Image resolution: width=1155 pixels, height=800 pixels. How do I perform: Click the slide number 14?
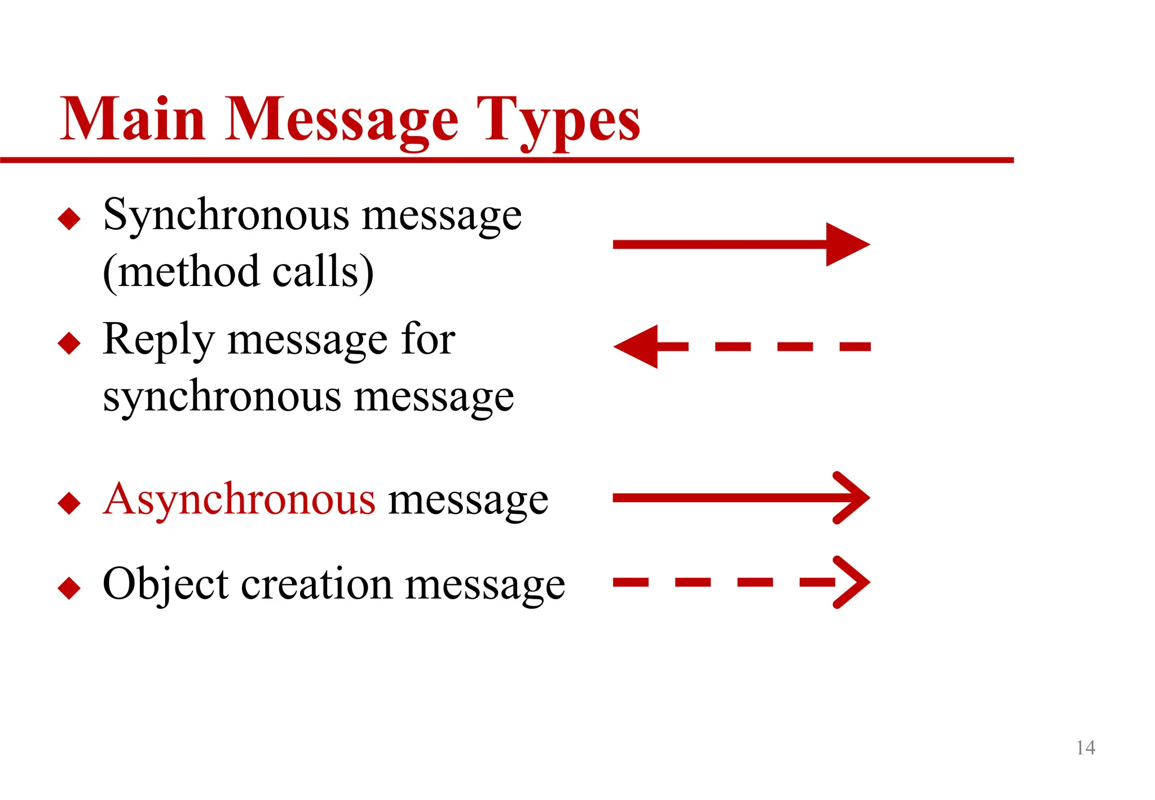pyautogui.click(x=1085, y=748)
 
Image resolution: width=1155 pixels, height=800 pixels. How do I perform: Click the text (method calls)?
pyautogui.click(x=238, y=272)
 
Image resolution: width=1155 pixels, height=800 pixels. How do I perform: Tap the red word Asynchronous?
pyautogui.click(x=239, y=499)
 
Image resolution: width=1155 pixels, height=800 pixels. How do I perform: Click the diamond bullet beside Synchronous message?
pyautogui.click(x=69, y=218)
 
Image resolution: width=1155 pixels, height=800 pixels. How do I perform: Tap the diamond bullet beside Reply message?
pyautogui.click(x=69, y=343)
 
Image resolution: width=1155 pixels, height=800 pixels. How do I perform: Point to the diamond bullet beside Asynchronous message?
pyautogui.click(x=69, y=503)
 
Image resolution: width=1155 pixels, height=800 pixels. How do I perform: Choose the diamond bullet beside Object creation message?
pyautogui.click(x=69, y=587)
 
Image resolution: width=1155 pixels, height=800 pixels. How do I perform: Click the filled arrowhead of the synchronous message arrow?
pyautogui.click(x=847, y=244)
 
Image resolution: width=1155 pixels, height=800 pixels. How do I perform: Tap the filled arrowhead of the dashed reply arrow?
pyautogui.click(x=637, y=346)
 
